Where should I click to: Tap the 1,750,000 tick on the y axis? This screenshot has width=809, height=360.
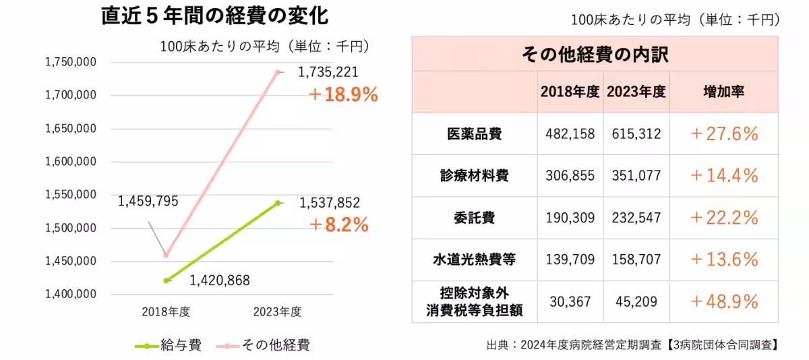[71, 63]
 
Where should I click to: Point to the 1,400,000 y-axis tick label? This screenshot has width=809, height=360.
[71, 295]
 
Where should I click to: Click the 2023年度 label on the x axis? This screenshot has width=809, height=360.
[277, 312]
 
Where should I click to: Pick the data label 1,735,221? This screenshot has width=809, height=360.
[328, 72]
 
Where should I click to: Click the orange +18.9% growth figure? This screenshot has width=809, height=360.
[342, 95]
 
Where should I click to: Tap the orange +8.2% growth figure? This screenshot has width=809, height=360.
[338, 224]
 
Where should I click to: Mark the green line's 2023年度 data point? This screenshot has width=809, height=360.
[277, 203]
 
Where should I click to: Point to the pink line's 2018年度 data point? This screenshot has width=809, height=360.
[166, 256]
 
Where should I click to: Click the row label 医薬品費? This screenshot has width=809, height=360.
[474, 133]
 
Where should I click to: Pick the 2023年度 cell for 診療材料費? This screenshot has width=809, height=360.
[638, 176]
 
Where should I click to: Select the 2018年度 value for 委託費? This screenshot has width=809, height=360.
[570, 218]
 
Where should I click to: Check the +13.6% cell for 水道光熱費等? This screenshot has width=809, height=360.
[724, 260]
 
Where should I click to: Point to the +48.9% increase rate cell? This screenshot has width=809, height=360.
[724, 301]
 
